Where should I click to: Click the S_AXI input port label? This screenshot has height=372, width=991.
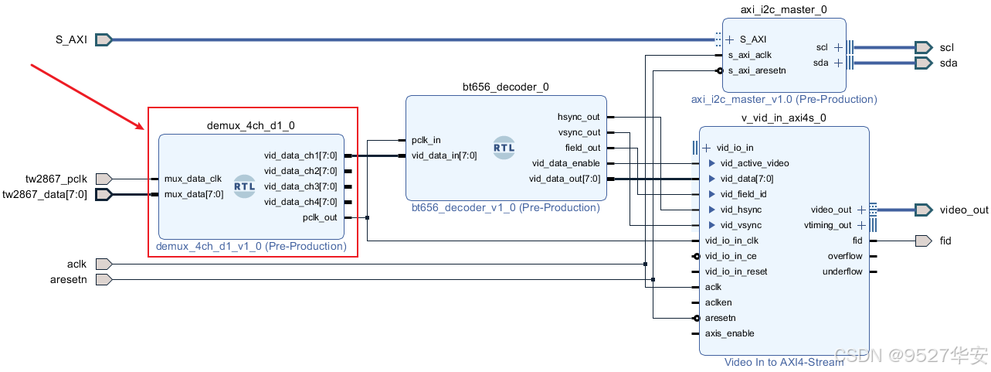[x=71, y=39]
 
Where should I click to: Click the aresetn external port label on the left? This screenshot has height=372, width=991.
[x=68, y=279]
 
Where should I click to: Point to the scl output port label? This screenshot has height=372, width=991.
[x=947, y=47]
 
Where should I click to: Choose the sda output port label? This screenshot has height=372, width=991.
[x=949, y=63]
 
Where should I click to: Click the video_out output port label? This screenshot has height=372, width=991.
[x=963, y=210]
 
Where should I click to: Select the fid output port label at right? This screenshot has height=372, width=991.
[x=945, y=241]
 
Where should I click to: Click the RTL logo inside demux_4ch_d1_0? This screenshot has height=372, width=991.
[x=244, y=186]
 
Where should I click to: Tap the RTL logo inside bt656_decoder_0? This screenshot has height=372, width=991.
[x=504, y=148]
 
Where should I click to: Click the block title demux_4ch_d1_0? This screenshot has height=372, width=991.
[x=251, y=125]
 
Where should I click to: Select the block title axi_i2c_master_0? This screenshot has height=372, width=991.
[x=784, y=9]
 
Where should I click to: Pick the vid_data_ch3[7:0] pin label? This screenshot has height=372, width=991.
[x=300, y=186]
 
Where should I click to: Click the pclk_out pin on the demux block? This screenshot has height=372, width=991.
[x=320, y=217]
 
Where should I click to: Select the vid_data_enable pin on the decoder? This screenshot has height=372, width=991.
[x=565, y=163]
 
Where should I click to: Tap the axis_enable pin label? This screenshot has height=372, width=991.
[x=729, y=333]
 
